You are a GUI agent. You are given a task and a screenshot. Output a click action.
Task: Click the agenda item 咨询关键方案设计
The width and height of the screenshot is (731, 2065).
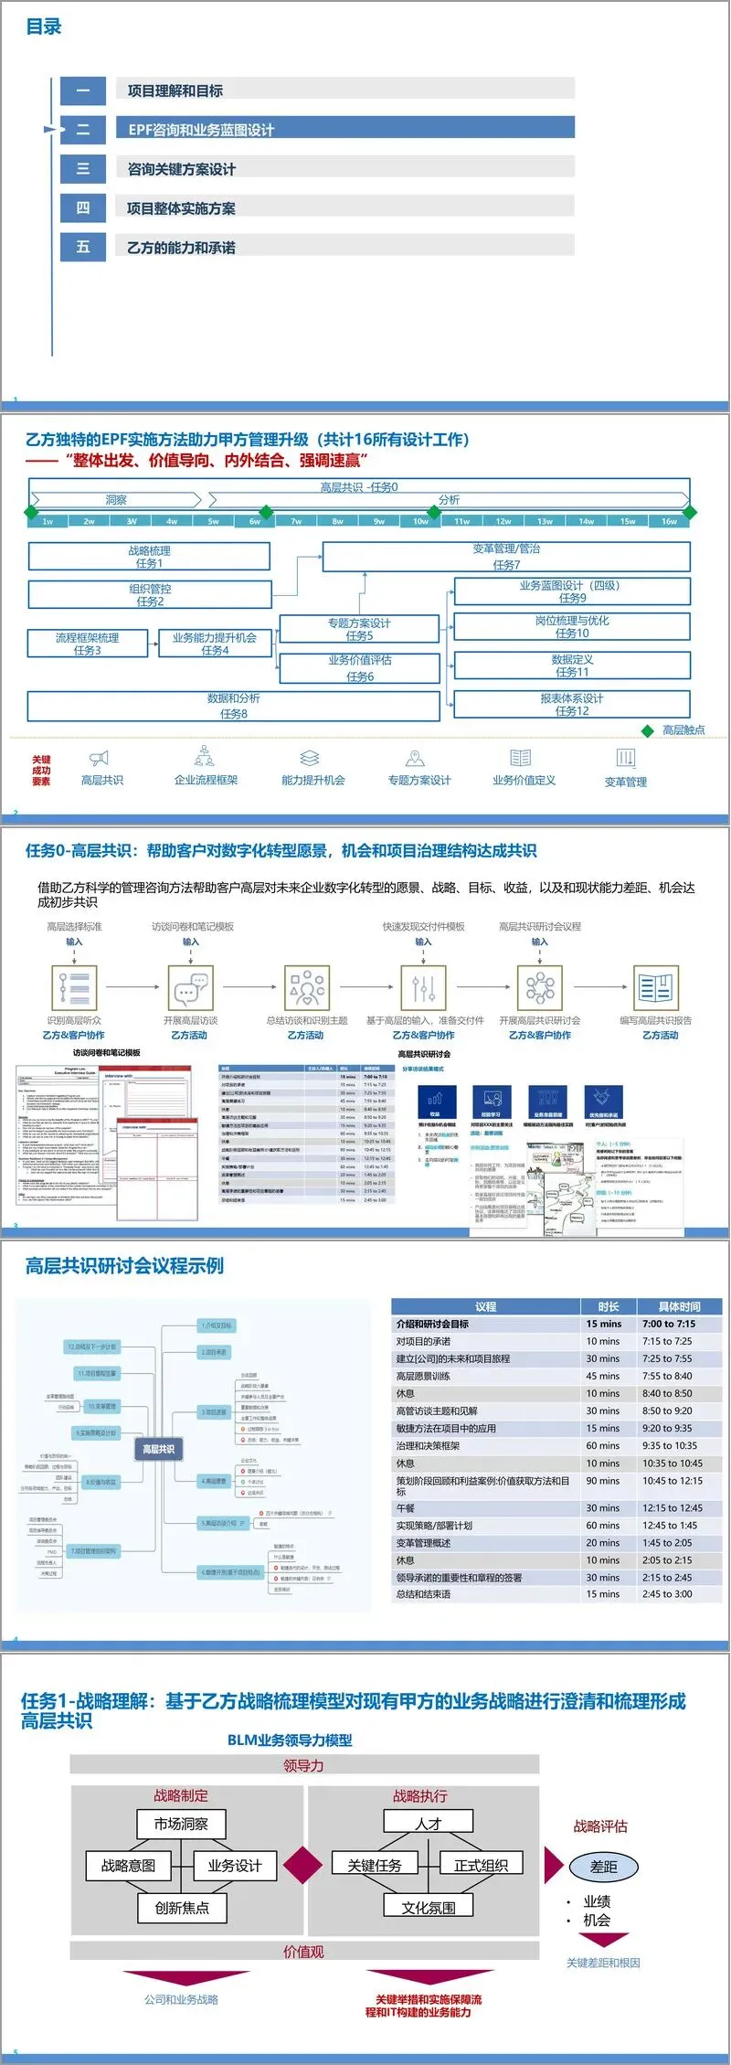182,169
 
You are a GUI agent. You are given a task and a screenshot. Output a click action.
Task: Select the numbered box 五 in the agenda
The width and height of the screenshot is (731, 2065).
83,247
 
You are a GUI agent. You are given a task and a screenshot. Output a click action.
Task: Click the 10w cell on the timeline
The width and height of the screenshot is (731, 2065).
420,521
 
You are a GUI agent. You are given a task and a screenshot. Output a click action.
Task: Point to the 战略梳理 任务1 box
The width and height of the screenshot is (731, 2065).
149,557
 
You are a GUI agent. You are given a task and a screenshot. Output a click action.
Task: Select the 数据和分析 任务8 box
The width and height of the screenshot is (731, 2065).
234,706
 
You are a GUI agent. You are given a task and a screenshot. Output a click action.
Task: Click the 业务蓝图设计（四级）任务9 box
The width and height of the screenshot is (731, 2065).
572,591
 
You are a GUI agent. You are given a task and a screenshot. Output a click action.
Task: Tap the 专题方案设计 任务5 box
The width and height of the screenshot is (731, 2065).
359,629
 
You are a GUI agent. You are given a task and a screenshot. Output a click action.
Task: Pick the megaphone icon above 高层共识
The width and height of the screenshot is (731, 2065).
100,758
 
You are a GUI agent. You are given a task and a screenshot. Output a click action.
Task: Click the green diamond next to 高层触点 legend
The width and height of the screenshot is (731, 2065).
648,730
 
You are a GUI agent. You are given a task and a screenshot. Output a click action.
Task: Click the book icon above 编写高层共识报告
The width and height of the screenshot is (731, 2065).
655,988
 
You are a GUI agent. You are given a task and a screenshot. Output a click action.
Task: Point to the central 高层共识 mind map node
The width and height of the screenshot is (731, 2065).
158,1449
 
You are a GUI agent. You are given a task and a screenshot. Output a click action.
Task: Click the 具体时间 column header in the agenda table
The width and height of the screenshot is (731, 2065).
679,1306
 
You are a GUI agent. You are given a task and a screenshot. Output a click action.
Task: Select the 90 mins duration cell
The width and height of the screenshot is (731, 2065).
603,1481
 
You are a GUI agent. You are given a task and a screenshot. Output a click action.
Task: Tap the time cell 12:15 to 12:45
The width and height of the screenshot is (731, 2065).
673,1508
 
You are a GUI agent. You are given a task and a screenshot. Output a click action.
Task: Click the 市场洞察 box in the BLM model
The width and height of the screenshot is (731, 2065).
181,1824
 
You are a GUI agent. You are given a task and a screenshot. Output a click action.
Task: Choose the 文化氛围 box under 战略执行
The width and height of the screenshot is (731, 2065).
429,1908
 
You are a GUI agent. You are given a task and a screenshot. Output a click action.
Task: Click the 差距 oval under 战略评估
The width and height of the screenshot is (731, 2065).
603,1867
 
